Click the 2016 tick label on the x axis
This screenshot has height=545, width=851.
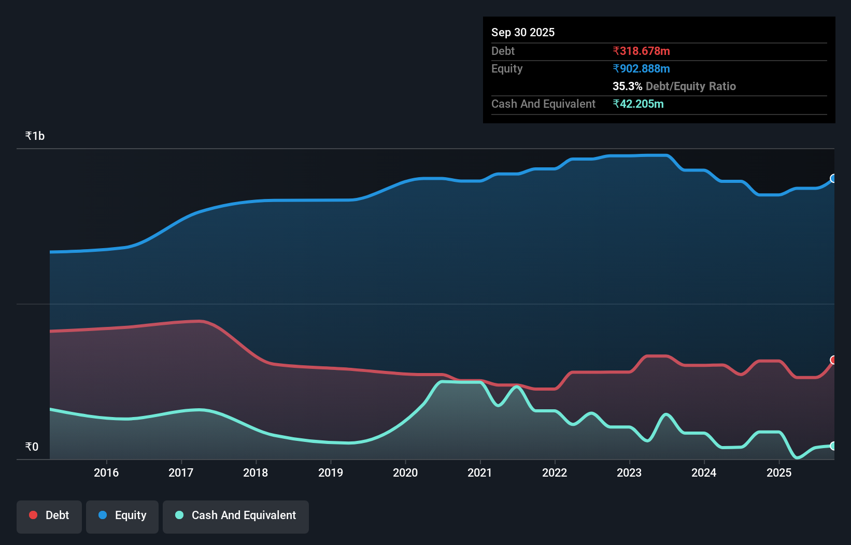click(106, 472)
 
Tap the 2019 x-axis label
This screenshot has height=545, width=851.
click(331, 472)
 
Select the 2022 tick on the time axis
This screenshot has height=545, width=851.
click(555, 472)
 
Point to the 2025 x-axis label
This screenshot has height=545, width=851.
click(779, 472)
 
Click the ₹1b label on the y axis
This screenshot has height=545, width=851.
click(35, 136)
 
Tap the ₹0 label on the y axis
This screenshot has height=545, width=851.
click(32, 447)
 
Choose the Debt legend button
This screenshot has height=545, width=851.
click(49, 515)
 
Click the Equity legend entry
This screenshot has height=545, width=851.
click(122, 515)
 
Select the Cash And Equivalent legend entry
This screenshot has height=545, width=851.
click(236, 515)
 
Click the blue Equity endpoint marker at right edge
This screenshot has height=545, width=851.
click(833, 178)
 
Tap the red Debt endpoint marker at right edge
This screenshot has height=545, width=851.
click(833, 360)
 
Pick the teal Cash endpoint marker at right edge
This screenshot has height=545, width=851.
click(833, 446)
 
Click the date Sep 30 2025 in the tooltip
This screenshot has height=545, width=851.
click(523, 32)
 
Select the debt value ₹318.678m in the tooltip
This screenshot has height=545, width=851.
click(641, 51)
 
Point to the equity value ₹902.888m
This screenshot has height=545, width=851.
click(641, 68)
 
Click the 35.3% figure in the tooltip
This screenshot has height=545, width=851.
click(627, 86)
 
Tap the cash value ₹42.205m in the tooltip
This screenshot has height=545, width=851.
click(638, 104)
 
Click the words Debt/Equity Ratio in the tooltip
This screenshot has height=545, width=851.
click(690, 86)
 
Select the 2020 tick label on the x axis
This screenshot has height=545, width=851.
click(405, 472)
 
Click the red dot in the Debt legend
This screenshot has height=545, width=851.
click(33, 515)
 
